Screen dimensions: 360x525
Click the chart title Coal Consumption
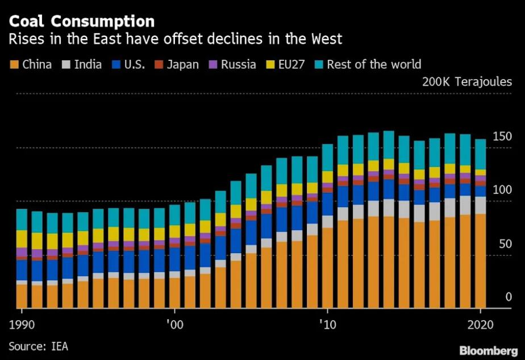tap(81, 22)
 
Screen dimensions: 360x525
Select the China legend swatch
tap(14, 64)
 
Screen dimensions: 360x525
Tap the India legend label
tap(88, 64)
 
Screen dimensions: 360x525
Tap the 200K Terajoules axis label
tap(466, 82)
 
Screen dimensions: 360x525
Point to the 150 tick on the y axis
tap(502, 136)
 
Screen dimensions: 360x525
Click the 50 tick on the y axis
tap(505, 244)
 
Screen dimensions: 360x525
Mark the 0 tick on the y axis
tap(508, 297)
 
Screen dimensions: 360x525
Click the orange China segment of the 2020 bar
tap(480, 262)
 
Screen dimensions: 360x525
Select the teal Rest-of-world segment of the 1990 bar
tap(22, 220)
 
